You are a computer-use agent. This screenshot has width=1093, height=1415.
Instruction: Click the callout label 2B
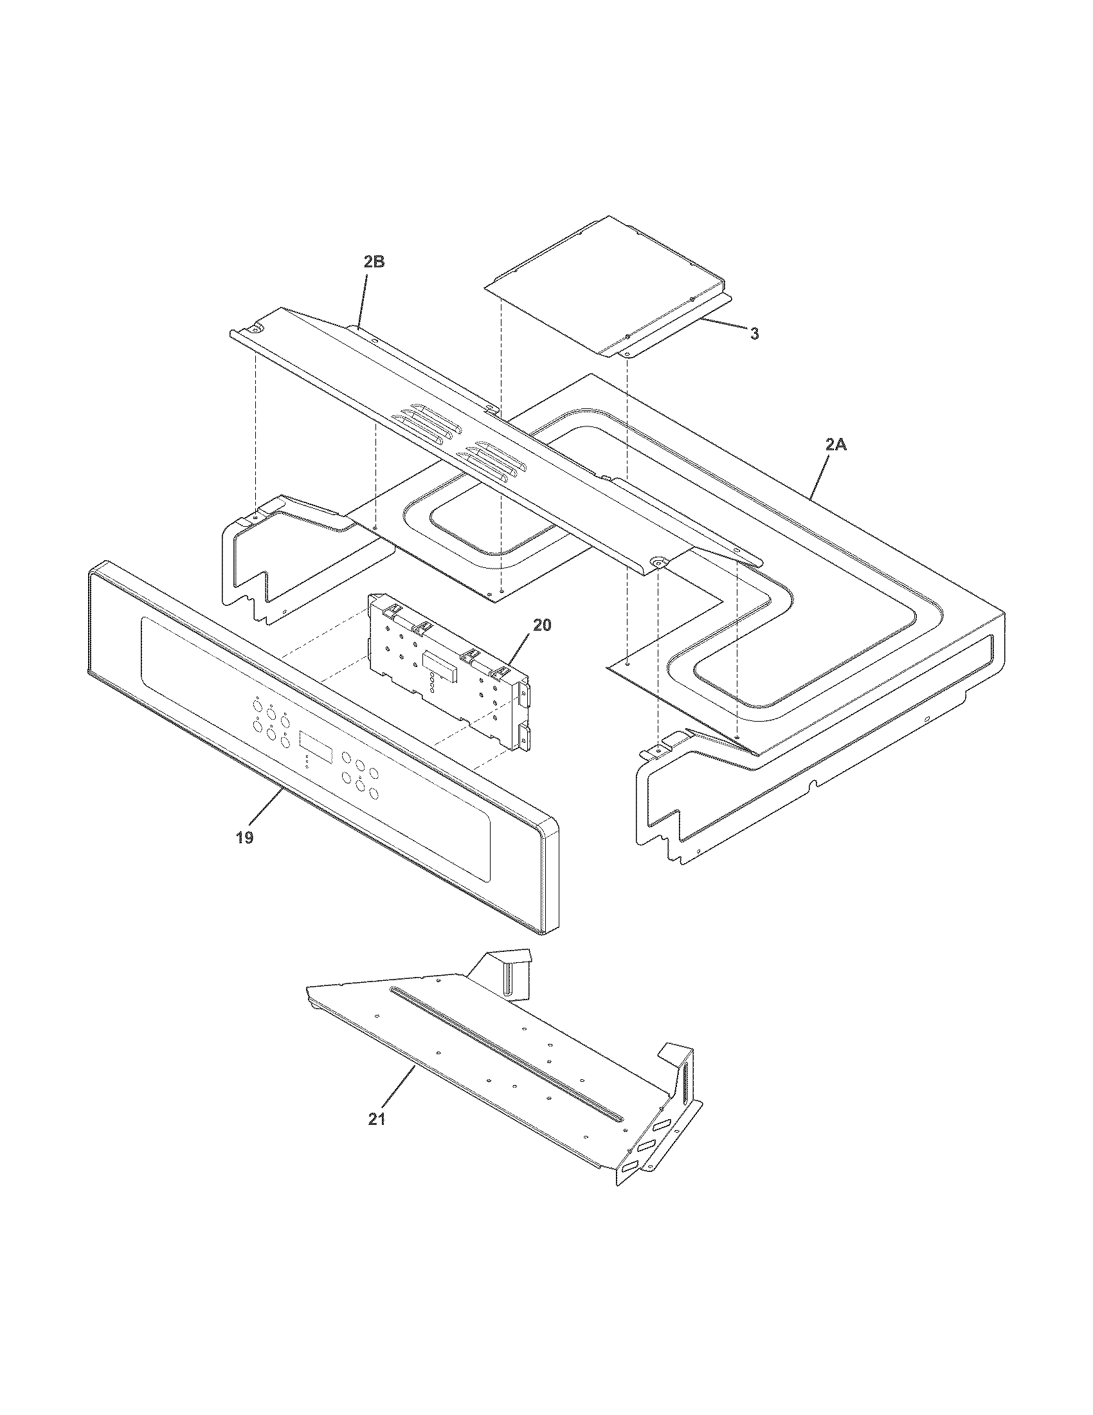click(x=374, y=262)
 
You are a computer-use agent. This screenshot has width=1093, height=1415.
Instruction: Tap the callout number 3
click(x=754, y=334)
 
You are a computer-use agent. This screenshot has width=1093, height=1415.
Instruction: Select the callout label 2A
click(x=835, y=444)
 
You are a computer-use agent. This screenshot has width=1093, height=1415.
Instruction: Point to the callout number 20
click(x=542, y=625)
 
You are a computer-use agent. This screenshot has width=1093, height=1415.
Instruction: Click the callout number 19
click(x=244, y=837)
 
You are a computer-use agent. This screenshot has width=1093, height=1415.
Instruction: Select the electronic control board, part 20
click(x=447, y=674)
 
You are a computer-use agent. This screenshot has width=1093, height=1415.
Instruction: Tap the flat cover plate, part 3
click(x=606, y=285)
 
